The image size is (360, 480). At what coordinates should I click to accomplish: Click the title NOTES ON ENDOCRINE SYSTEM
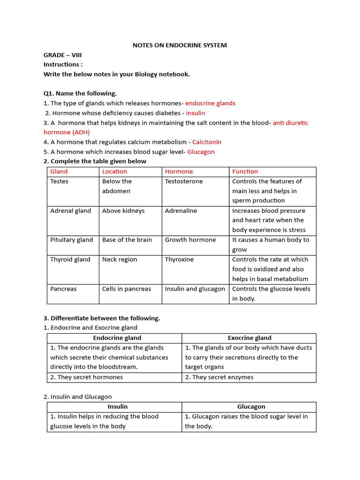click(x=180, y=45)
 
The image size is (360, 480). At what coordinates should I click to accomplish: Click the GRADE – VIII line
click(x=63, y=55)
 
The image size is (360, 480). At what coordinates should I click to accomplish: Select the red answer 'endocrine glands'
click(x=210, y=103)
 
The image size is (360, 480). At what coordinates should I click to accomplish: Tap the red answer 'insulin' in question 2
click(x=195, y=113)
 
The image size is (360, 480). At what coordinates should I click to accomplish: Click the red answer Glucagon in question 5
click(x=201, y=152)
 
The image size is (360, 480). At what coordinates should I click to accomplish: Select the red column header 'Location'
click(x=114, y=172)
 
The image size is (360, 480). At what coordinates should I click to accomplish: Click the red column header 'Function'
click(x=245, y=172)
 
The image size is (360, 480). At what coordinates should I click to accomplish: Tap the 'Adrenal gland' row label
click(x=70, y=210)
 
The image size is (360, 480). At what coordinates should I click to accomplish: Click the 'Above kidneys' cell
click(x=123, y=210)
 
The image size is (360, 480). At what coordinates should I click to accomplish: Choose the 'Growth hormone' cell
click(x=190, y=240)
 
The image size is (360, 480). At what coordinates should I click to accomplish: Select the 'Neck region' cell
click(x=120, y=259)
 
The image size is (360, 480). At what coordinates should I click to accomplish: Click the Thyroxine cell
click(x=179, y=259)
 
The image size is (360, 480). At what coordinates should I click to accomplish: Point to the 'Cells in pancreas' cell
click(x=127, y=289)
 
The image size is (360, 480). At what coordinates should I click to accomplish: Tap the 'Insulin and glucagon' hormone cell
click(x=195, y=289)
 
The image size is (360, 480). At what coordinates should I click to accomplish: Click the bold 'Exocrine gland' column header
click(x=249, y=338)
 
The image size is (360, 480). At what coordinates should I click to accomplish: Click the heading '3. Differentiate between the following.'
click(x=102, y=318)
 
